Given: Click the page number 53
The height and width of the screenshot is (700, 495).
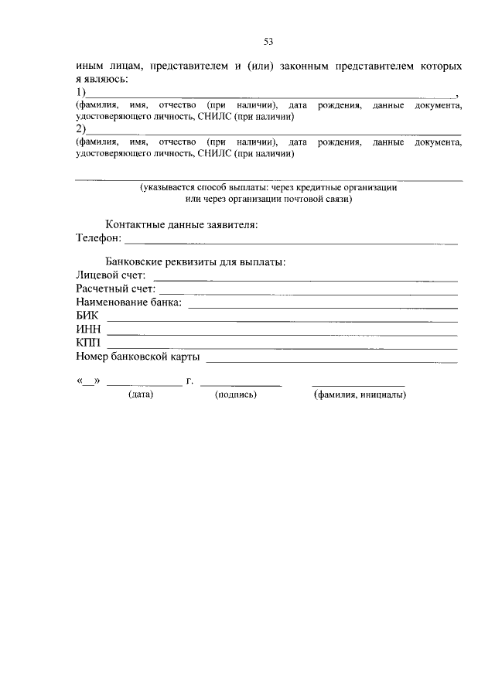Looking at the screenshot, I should click(269, 42).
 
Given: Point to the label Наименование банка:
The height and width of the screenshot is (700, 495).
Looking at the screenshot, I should click(128, 302).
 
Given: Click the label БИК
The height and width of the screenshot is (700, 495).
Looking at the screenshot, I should click(88, 316).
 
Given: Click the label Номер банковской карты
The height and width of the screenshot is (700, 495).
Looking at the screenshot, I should click(138, 357).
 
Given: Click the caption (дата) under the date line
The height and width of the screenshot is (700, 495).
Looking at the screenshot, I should click(141, 394).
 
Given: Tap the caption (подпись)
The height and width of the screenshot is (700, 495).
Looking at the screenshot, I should click(236, 394).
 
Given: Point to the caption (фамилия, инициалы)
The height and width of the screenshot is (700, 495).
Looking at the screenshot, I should click(360, 394).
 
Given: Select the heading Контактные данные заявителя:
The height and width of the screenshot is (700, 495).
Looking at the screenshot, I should click(182, 224).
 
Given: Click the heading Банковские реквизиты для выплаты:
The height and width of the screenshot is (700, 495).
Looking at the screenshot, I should click(196, 261).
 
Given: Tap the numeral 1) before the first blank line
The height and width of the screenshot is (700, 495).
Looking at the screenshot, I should click(80, 93).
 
